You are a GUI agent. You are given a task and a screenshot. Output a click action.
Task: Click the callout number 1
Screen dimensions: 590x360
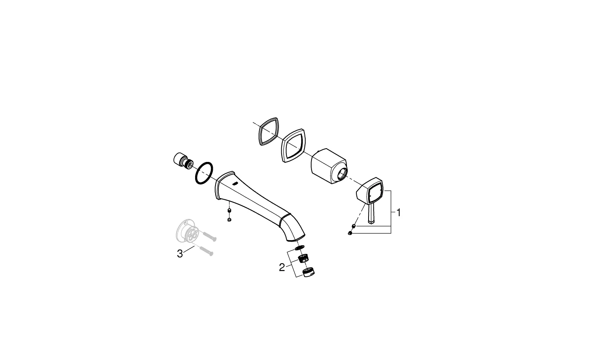pyautogui.click(x=398, y=213)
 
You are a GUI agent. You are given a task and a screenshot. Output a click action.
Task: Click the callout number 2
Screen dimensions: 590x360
pyautogui.click(x=282, y=268)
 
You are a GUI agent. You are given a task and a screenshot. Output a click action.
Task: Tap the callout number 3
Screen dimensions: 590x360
pyautogui.click(x=180, y=254)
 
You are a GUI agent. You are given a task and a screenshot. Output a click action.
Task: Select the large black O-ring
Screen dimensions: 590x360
pyautogui.click(x=204, y=173)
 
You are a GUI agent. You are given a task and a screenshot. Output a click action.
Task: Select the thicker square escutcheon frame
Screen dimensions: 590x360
pyautogui.click(x=293, y=145)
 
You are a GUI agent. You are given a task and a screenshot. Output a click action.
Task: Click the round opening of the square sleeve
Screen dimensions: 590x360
pyautogui.click(x=342, y=174)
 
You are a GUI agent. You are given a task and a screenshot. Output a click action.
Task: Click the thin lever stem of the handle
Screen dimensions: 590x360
pyautogui.click(x=371, y=214)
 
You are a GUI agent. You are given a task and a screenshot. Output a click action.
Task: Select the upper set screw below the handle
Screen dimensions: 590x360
pyautogui.click(x=354, y=226)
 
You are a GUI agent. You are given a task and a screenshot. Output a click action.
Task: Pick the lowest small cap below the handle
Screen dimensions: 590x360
pyautogui.click(x=350, y=233)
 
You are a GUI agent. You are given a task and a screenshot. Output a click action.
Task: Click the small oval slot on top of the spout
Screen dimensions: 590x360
pyautogui.click(x=235, y=184)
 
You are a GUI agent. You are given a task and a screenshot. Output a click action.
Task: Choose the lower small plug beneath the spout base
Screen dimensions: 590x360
pyautogui.click(x=229, y=219)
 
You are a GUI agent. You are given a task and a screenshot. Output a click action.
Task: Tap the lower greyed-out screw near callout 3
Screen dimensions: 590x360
pyautogui.click(x=206, y=251)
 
